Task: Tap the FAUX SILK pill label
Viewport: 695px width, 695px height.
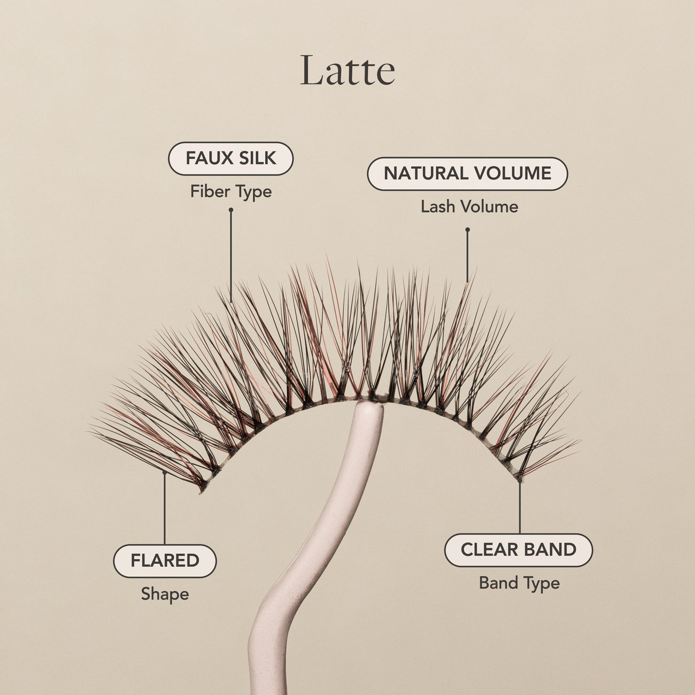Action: tap(231, 158)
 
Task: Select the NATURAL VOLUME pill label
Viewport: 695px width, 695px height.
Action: tap(467, 173)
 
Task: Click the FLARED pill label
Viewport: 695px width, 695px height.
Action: tap(165, 560)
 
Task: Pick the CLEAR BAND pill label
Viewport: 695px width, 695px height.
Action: tap(519, 550)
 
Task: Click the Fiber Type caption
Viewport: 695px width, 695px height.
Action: tap(231, 192)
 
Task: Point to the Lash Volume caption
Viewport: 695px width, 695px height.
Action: tap(469, 207)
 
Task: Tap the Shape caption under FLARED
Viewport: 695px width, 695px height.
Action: tap(165, 594)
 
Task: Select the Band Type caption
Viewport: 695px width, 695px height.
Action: tap(519, 583)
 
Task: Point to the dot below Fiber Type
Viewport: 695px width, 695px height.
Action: tap(231, 210)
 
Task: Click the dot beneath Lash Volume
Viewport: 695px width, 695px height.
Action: tap(467, 229)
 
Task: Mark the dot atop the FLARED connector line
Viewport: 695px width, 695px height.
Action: tap(165, 472)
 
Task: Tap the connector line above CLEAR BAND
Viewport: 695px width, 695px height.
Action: tap(519, 507)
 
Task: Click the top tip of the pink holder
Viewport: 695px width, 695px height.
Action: tap(368, 405)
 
